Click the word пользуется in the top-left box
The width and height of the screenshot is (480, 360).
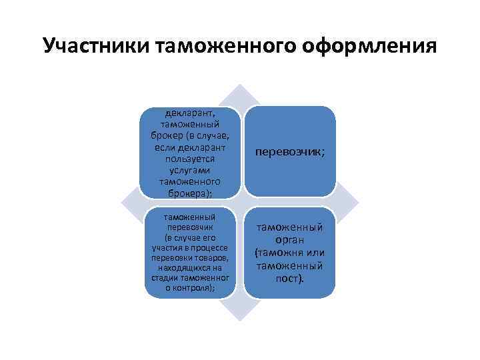(190, 161)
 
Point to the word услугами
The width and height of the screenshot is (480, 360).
(190, 171)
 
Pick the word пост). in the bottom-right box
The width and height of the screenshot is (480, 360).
(290, 278)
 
